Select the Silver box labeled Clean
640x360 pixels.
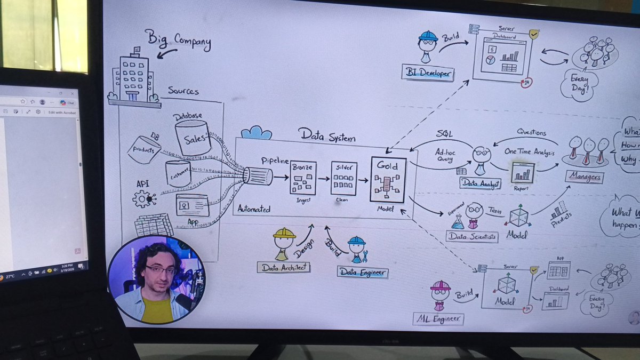pos(344,178)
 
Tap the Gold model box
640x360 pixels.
pos(388,180)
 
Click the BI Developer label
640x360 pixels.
pos(428,73)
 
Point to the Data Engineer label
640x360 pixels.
pos(363,272)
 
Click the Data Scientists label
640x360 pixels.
pos(472,236)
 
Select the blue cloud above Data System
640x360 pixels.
pos(256,132)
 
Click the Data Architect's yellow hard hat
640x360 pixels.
pos(284,234)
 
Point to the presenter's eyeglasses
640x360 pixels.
pos(159,270)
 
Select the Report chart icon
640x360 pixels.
pos(523,172)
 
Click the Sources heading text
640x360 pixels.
pos(183,91)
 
